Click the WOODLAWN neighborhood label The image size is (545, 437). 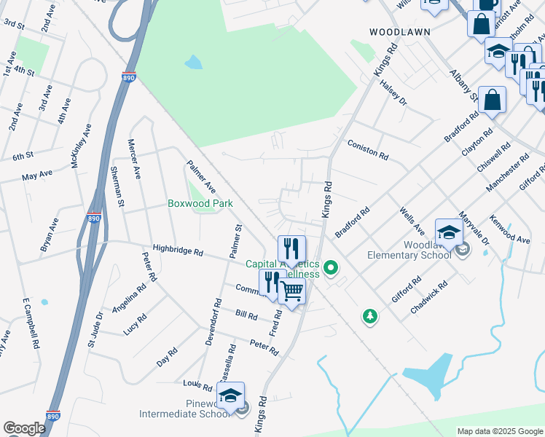click(x=400, y=32)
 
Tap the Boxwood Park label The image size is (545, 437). click(x=200, y=204)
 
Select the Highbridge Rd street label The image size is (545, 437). click(x=178, y=251)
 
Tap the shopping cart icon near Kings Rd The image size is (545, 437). click(x=292, y=292)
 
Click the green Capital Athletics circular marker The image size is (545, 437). click(x=332, y=269)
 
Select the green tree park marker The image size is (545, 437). click(x=371, y=316)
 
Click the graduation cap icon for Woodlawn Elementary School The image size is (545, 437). click(x=449, y=232)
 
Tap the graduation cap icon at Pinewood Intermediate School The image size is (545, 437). click(x=230, y=395)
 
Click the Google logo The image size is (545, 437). click(x=24, y=428)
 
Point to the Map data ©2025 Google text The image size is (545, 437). click(x=499, y=431)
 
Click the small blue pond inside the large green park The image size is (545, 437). click(x=193, y=62)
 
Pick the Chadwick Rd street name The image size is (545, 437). click(x=428, y=300)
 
